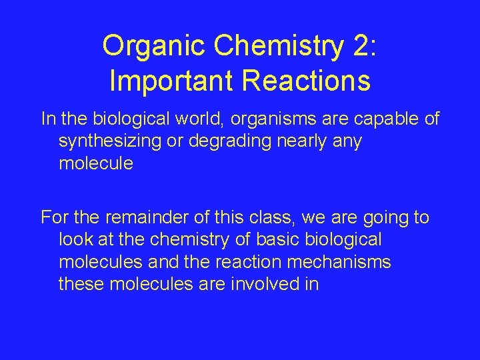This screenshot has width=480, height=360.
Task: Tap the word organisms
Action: click(x=256, y=119)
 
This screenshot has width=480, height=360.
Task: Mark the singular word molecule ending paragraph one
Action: click(x=96, y=163)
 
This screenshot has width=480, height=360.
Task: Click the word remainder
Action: click(x=146, y=217)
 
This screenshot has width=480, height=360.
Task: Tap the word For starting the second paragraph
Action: click(x=54, y=217)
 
